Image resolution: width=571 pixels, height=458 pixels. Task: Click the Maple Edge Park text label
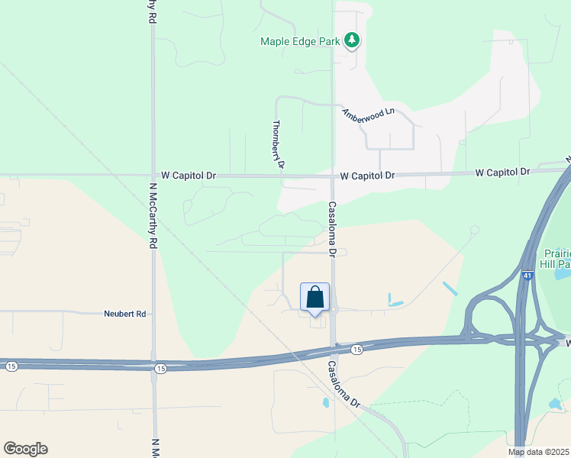point(299,41)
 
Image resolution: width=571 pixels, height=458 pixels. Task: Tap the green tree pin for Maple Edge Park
point(351,40)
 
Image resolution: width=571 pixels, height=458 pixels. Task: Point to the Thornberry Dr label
point(279,144)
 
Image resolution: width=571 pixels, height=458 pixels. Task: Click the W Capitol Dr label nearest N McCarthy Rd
point(184,176)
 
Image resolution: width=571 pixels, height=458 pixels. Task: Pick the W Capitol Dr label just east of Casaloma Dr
point(367,176)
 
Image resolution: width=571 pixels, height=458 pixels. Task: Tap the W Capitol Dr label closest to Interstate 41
point(502,173)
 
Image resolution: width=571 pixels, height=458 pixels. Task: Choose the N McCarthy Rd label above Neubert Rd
point(153,216)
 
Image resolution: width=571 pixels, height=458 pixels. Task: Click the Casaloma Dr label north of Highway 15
point(332,228)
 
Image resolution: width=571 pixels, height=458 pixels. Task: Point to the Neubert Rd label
point(124,314)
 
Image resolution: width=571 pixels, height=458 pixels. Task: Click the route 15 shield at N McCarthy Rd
point(158,369)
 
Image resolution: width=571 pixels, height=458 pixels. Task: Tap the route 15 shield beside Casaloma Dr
point(356,349)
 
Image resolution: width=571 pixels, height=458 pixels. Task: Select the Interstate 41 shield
point(527,275)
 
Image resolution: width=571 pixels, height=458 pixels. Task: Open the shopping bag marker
point(315,298)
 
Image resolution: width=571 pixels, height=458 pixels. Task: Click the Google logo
point(25,449)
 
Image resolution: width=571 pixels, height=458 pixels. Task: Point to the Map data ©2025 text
point(539,452)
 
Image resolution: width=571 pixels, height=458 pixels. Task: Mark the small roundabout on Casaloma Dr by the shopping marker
point(334,310)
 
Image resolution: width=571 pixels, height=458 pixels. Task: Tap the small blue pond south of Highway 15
point(326,402)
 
